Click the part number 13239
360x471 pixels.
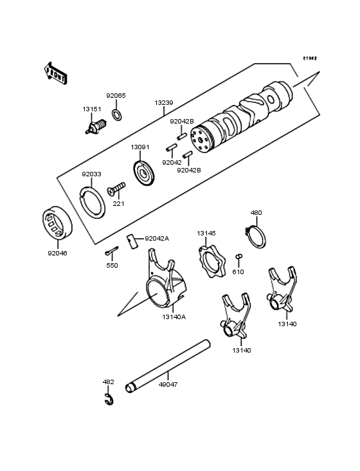pyautogui.click(x=163, y=102)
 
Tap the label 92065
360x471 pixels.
pyautogui.click(x=116, y=95)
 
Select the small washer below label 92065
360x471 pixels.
pyautogui.click(x=117, y=115)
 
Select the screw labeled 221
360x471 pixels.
pyautogui.click(x=116, y=189)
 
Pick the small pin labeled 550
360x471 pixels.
pyautogui.click(x=111, y=252)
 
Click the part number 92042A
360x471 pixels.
pyautogui.click(x=157, y=238)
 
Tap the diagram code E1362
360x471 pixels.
pyautogui.click(x=311, y=57)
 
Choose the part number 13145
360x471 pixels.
pyautogui.click(x=206, y=233)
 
